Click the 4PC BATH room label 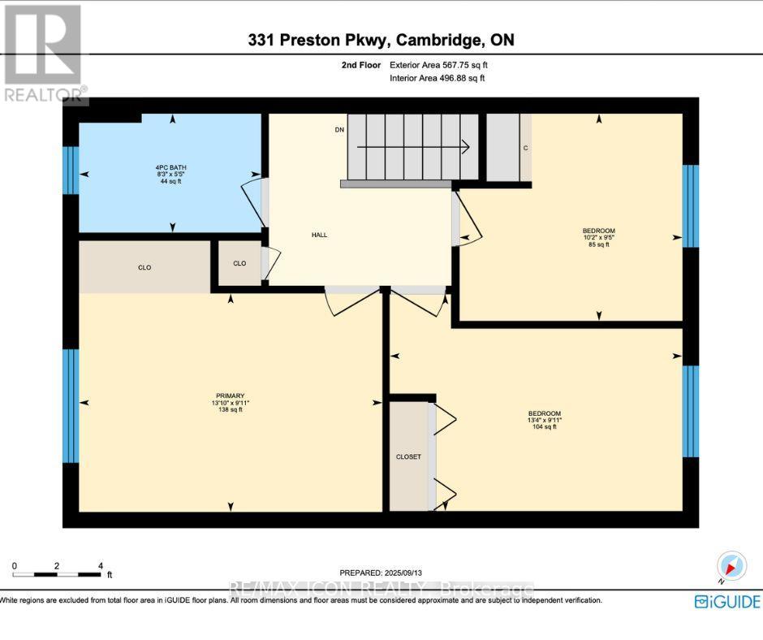(x=172, y=173)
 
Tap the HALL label (x=319, y=235)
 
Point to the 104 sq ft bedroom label (x=545, y=420)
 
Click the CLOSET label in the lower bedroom (x=408, y=456)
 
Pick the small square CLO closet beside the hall (x=239, y=263)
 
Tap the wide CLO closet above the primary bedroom (x=144, y=267)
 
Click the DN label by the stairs (x=339, y=130)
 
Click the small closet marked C (x=525, y=148)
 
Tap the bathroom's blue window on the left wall (x=70, y=170)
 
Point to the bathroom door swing (x=254, y=199)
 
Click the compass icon (x=731, y=566)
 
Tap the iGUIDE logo (x=727, y=602)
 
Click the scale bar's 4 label (x=100, y=565)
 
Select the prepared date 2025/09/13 (x=381, y=572)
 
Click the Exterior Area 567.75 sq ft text (x=439, y=65)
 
